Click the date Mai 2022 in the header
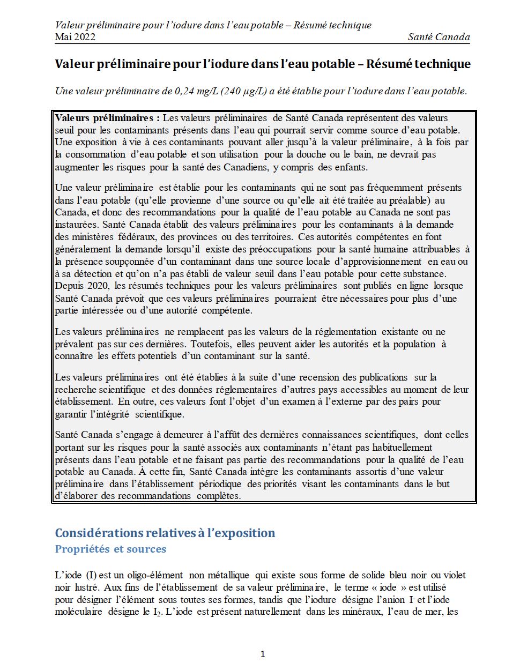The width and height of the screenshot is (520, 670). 75,37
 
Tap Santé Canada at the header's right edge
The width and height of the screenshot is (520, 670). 439,37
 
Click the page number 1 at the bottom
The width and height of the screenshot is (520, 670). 262,654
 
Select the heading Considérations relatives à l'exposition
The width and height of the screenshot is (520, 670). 165,533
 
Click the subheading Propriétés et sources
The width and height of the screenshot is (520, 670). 110,549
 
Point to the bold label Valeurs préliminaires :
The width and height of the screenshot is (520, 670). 107,118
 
